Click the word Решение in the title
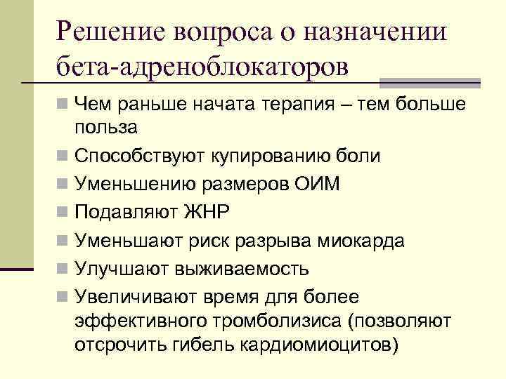(113, 32)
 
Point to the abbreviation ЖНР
(207, 213)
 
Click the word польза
(106, 127)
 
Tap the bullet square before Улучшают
(63, 269)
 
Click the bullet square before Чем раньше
(63, 104)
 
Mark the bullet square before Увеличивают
(63, 298)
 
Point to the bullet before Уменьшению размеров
(63, 184)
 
